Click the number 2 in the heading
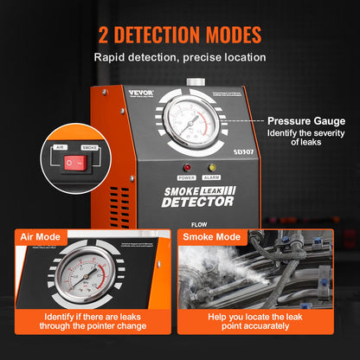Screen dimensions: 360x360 (x=105, y=36)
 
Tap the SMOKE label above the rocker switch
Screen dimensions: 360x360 (x=89, y=148)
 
